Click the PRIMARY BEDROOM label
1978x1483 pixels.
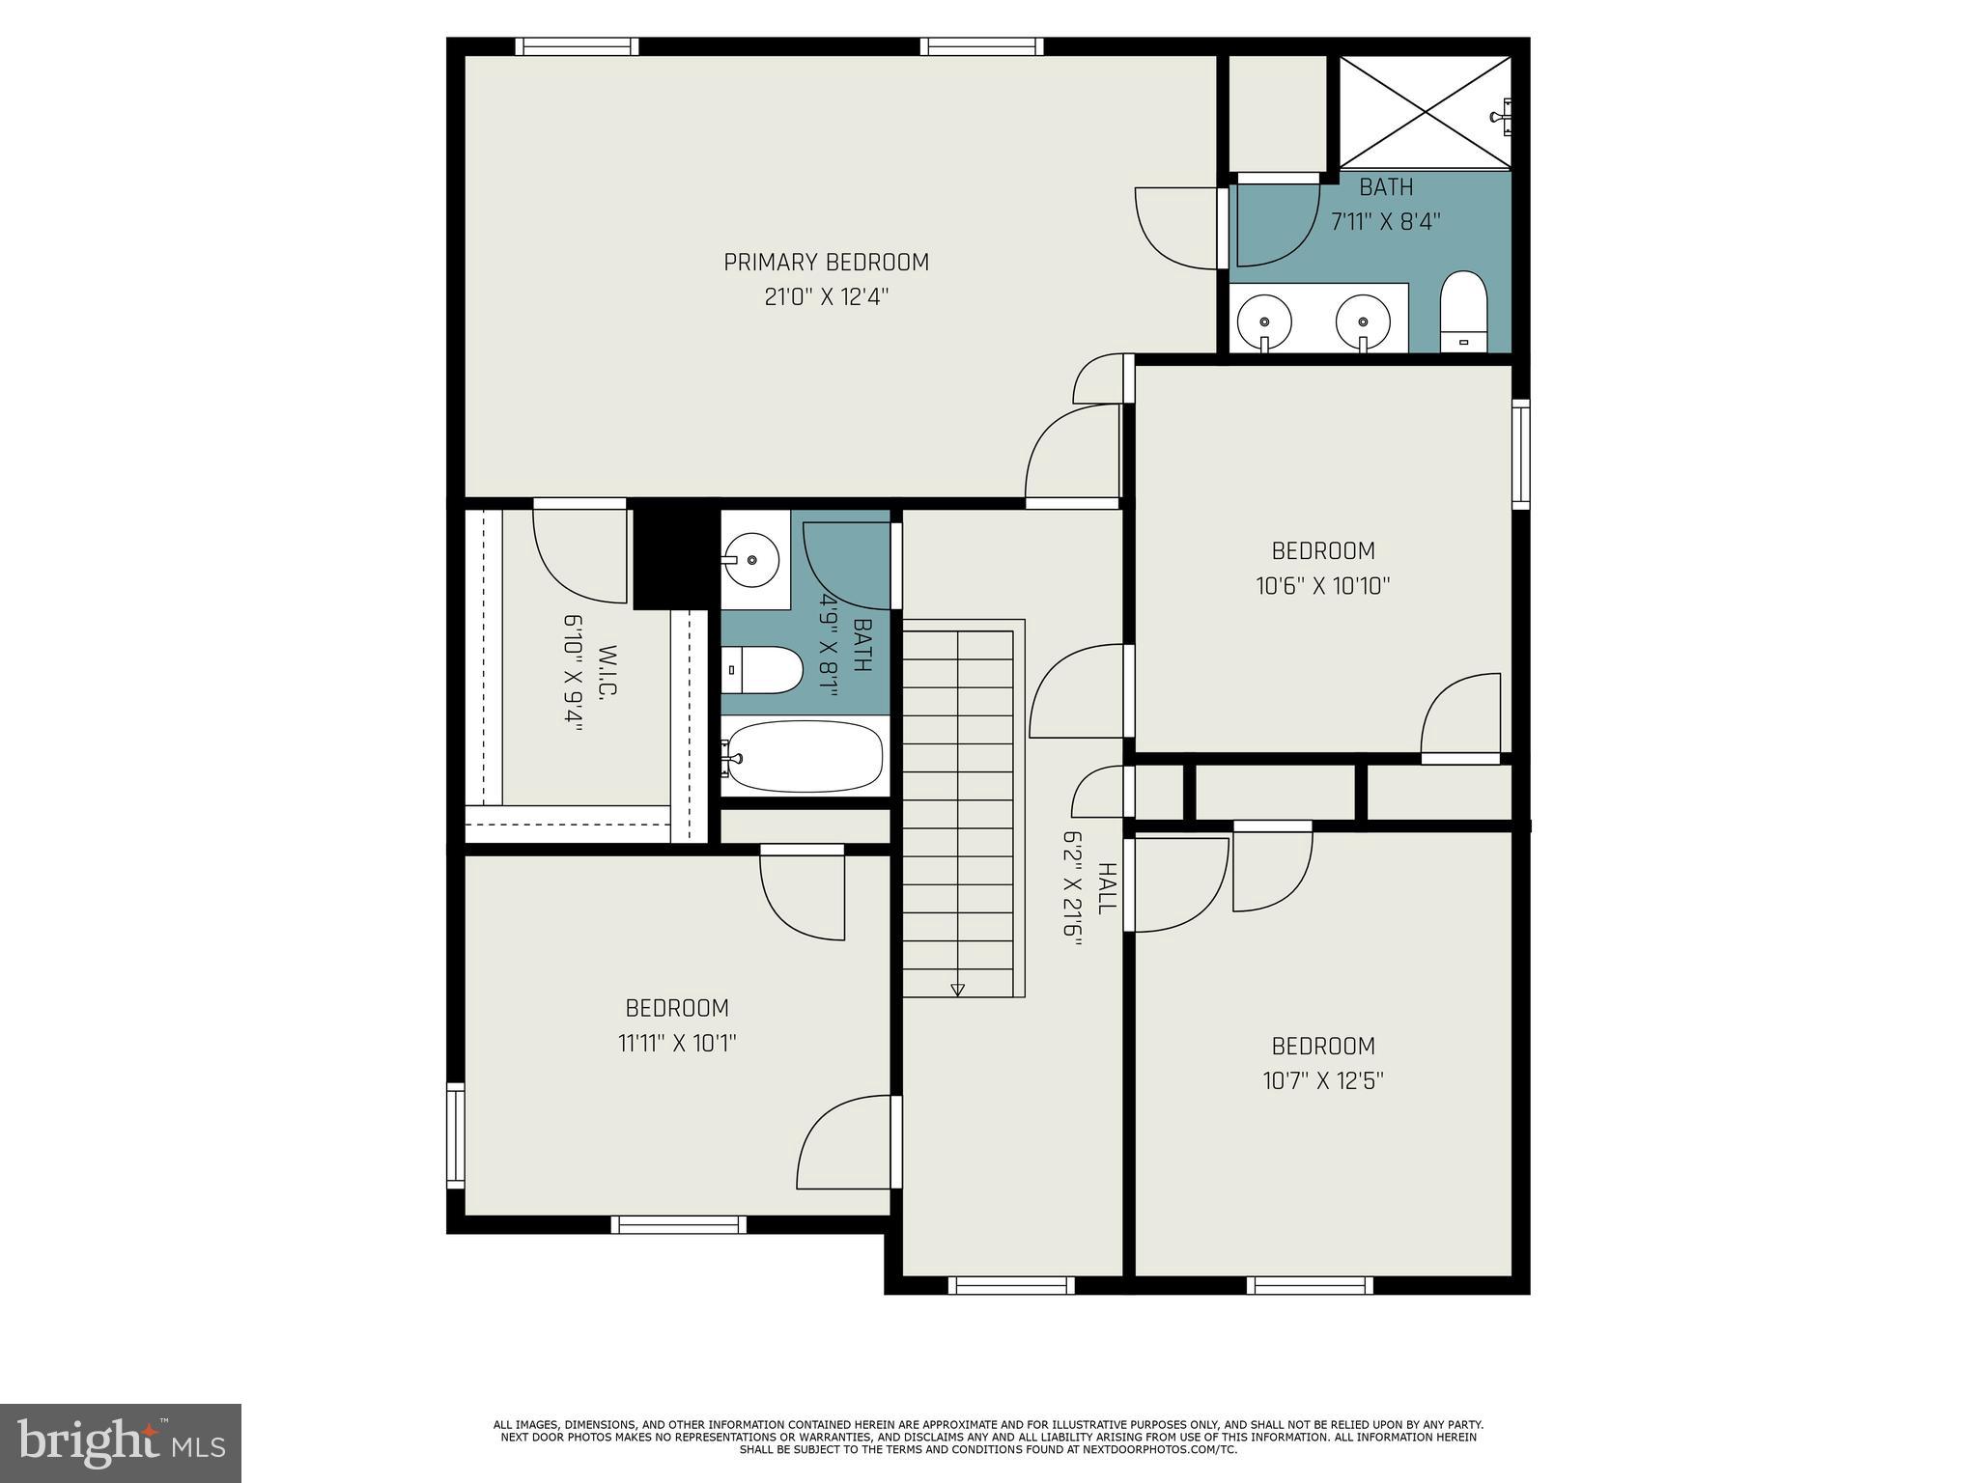(826, 263)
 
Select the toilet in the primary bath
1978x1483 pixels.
(1463, 312)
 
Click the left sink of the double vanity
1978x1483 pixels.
(1264, 320)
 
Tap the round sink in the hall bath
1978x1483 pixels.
(751, 559)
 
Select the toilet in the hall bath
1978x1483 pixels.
(763, 669)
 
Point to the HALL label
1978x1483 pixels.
(1107, 888)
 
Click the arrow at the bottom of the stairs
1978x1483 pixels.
(957, 990)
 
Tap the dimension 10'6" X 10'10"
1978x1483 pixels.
(1322, 586)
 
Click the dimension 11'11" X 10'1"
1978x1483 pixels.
(677, 1044)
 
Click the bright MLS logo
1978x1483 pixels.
(121, 1442)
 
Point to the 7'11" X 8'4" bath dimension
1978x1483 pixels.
(1385, 222)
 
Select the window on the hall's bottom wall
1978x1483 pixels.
(1010, 1285)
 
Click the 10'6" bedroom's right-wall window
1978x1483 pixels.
(1520, 453)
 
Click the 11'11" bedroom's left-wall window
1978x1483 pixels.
(455, 1135)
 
